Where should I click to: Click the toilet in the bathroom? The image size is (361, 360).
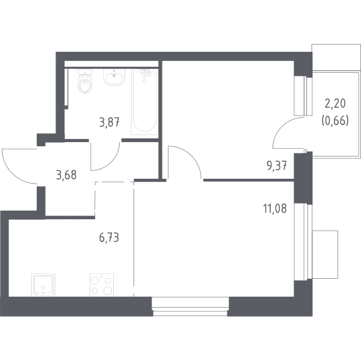click(x=85, y=81)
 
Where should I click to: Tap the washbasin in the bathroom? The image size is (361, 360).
click(x=114, y=77)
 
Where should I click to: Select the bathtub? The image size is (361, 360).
click(x=144, y=102)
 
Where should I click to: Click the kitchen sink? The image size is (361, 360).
click(x=43, y=285)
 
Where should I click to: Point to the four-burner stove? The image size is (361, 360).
click(x=102, y=285)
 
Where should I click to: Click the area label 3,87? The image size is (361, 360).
click(x=109, y=122)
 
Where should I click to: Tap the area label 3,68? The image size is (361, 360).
click(x=66, y=175)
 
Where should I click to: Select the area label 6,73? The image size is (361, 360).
click(x=109, y=237)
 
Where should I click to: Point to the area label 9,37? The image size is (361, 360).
click(x=277, y=166)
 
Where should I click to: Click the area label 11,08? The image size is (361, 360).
click(x=275, y=209)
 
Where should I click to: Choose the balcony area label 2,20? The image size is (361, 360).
click(x=335, y=104)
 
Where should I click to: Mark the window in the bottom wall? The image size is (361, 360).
click(x=190, y=306)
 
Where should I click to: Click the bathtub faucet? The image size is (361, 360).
click(x=145, y=73)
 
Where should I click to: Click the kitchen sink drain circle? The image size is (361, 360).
click(x=43, y=287)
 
